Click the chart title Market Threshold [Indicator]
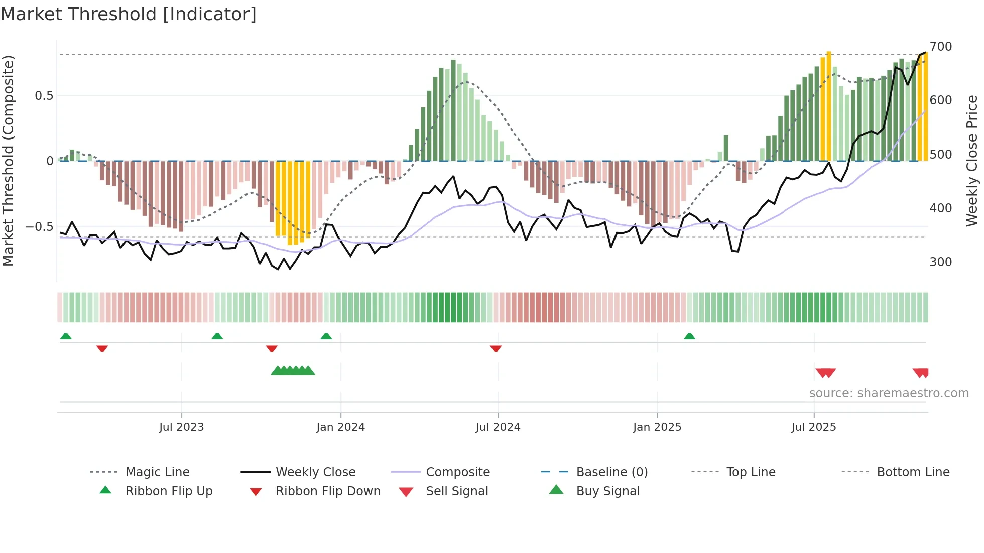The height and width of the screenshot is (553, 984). coord(129,14)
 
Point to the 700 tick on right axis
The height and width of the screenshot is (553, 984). coord(940,47)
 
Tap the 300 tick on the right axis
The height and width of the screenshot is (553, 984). coord(940,262)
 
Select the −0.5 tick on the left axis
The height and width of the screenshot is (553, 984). coord(40,227)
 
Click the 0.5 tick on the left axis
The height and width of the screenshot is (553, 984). coord(44,96)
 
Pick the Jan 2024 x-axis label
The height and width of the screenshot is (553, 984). coord(340,427)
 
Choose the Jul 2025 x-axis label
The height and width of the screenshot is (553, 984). coord(813,427)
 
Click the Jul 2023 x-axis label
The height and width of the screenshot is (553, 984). coord(181,427)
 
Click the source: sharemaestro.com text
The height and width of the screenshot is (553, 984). coord(889,393)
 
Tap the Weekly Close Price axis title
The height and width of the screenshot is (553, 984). coord(972,161)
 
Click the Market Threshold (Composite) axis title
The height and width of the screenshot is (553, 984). coord(8,161)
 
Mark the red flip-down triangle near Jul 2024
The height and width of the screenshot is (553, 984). coord(496,348)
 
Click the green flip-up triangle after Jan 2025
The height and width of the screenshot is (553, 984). coord(689,336)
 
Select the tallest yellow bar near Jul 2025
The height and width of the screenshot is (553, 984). coord(828,105)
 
